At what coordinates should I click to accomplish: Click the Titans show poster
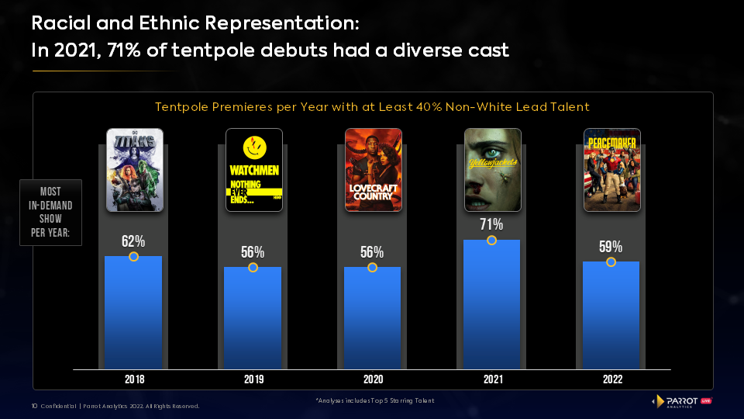click(x=134, y=170)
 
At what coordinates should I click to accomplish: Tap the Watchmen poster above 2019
click(x=253, y=170)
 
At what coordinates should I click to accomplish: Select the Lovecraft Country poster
click(x=373, y=170)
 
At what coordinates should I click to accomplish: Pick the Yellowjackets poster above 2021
click(x=492, y=170)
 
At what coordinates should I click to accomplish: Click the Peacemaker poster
click(x=611, y=170)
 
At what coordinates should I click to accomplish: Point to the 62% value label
click(x=133, y=241)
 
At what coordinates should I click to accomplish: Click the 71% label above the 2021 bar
click(x=491, y=225)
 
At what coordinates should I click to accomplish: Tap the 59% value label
click(x=611, y=247)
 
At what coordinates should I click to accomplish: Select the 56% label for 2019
click(x=253, y=252)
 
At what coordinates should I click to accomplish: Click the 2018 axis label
click(x=134, y=379)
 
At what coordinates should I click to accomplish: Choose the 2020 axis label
click(x=373, y=379)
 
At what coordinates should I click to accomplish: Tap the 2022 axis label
click(x=611, y=379)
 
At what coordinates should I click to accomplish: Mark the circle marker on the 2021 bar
click(x=491, y=241)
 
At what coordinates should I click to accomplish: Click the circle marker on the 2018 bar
click(x=133, y=256)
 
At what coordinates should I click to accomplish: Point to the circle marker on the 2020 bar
click(x=372, y=268)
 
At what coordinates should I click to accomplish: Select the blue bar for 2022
click(x=611, y=318)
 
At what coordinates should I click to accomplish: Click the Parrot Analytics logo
click(x=682, y=400)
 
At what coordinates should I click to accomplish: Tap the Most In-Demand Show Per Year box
click(x=50, y=213)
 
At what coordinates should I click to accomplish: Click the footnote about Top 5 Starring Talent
click(x=374, y=400)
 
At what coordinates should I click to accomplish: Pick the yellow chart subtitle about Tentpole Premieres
click(x=372, y=107)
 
